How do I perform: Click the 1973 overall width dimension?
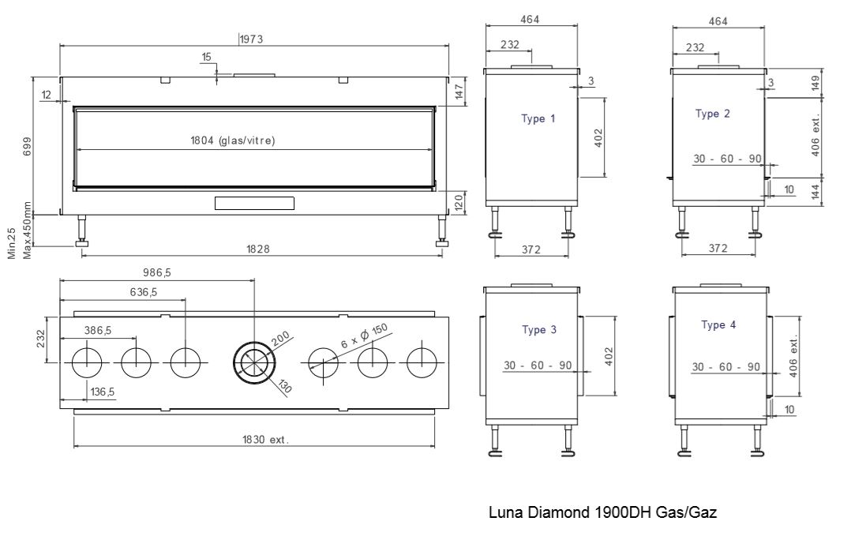(251, 39)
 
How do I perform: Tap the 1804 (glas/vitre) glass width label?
(232, 141)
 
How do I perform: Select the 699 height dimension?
(27, 146)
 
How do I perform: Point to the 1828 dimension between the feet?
(258, 249)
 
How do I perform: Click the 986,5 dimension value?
(157, 272)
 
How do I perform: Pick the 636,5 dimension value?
(144, 292)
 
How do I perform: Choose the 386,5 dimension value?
(98, 330)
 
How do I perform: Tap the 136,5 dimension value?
(103, 392)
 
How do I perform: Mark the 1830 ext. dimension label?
(265, 439)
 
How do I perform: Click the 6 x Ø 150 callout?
(365, 336)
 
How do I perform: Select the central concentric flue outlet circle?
(254, 362)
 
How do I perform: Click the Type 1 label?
(538, 118)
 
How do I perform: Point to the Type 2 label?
(713, 114)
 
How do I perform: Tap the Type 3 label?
(539, 329)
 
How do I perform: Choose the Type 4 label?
(718, 324)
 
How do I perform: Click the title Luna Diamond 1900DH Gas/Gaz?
(602, 512)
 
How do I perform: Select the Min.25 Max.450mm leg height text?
(20, 231)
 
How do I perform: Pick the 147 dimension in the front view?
(459, 91)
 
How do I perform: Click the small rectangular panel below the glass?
(254, 203)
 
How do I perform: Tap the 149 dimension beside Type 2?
(815, 83)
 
